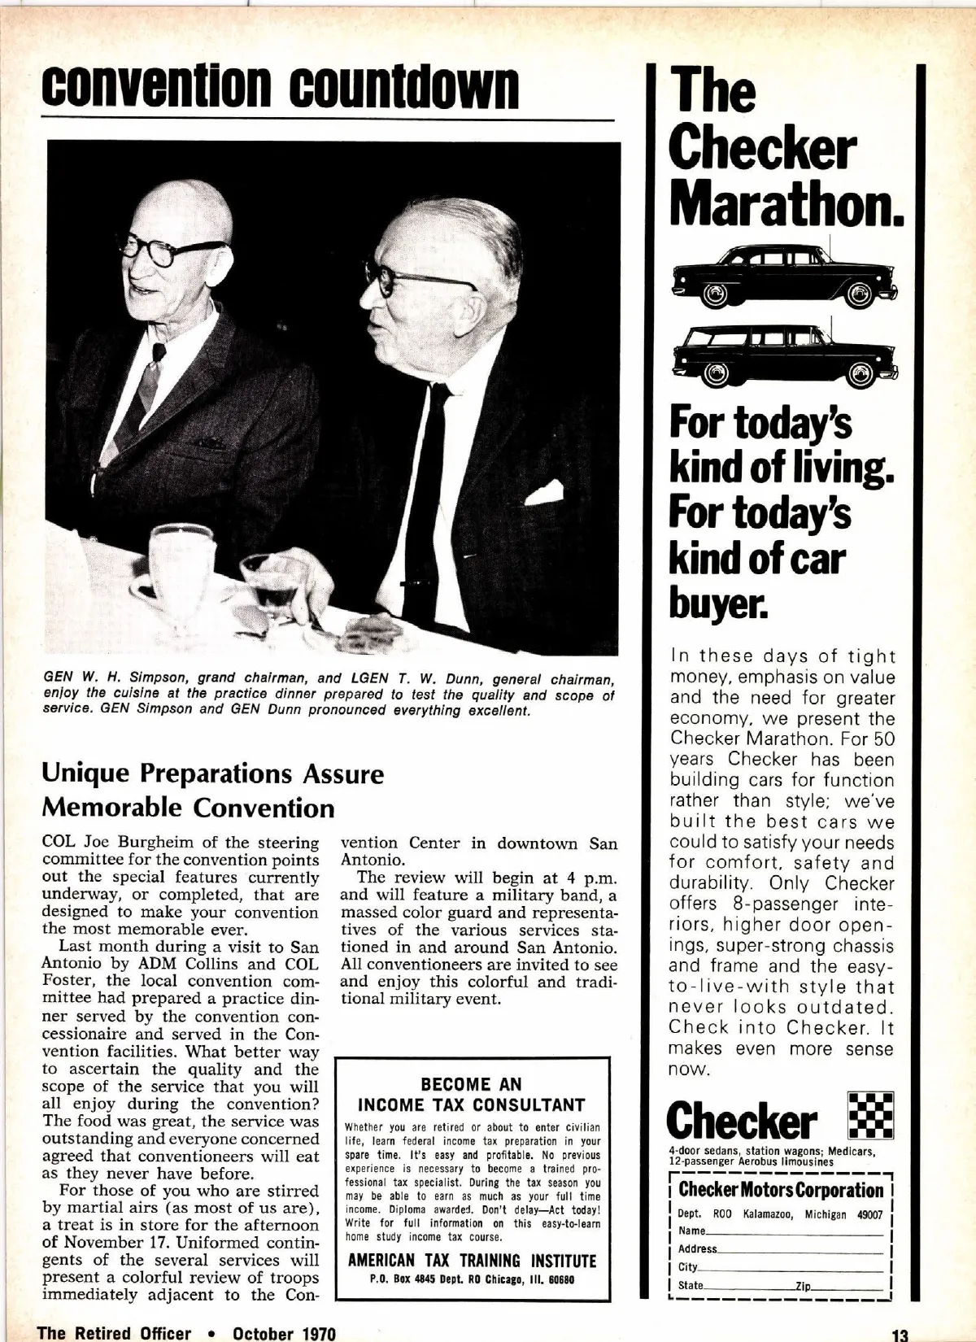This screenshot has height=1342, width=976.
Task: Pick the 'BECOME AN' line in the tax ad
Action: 472,1084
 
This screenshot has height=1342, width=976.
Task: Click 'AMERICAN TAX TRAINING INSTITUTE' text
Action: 472,1261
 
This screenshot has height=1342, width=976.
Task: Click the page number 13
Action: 899,1335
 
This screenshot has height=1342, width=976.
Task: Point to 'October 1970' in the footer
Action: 284,1333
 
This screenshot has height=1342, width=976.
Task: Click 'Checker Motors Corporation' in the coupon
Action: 781,1190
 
